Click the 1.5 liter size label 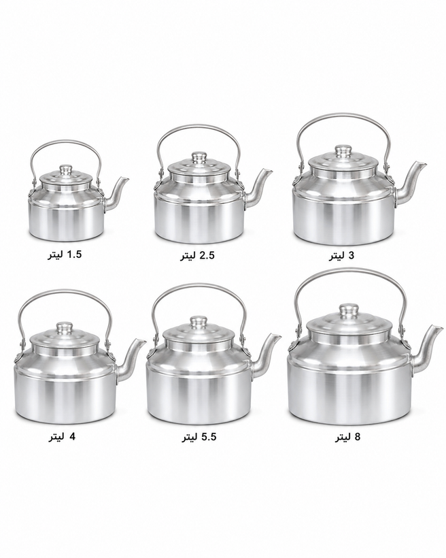pos(65,255)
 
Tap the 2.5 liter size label pos(197,256)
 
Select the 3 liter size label pos(341,256)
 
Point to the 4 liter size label pos(62,437)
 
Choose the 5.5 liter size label pos(199,437)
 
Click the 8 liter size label pos(347,437)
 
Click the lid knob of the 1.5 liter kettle pos(66,168)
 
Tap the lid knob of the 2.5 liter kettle pos(199,157)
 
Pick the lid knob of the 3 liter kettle pos(343,150)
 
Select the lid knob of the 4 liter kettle pos(65,327)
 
